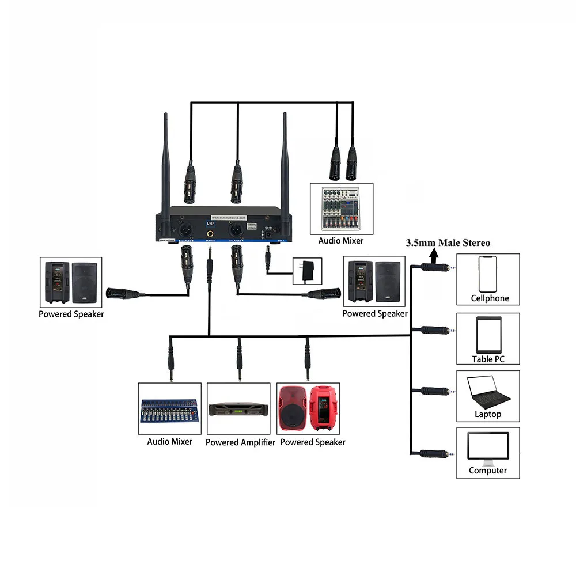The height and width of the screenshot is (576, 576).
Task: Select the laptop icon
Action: (488, 391)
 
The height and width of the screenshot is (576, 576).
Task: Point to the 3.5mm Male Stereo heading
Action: (448, 243)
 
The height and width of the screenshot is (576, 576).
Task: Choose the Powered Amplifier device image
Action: (238, 409)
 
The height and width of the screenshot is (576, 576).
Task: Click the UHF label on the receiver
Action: (210, 223)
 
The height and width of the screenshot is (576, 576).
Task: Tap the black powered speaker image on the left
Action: (71, 283)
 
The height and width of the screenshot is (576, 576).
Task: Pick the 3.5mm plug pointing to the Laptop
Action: (435, 391)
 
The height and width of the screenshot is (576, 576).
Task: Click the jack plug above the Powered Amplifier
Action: (238, 360)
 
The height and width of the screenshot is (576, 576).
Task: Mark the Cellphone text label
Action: (490, 298)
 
